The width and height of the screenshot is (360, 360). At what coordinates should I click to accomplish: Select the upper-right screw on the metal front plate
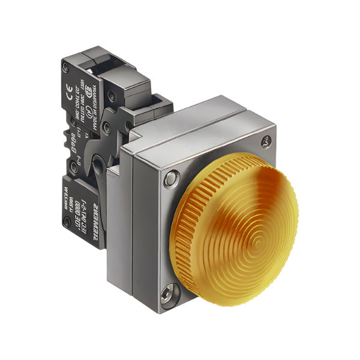pyautogui.click(x=267, y=142)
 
